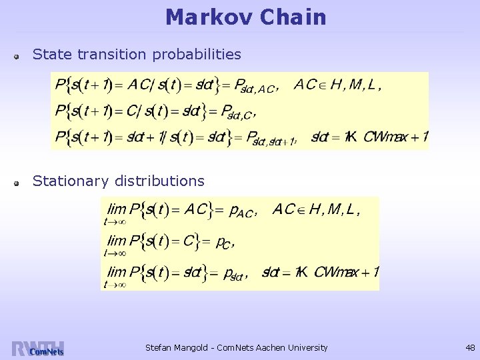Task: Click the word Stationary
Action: (x=71, y=181)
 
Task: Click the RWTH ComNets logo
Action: (x=38, y=349)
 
